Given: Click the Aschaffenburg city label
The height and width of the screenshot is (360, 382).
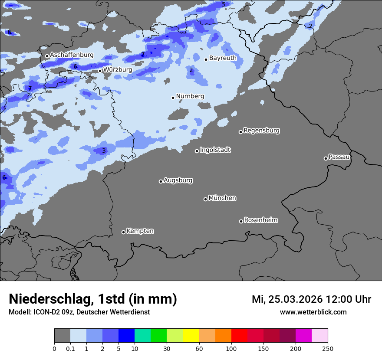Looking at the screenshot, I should click(x=72, y=55).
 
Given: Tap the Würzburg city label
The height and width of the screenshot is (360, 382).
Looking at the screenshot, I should click(x=117, y=70).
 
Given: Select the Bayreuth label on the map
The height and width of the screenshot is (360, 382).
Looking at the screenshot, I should click(x=223, y=58).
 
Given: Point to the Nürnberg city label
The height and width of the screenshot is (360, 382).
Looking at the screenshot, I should click(x=190, y=96).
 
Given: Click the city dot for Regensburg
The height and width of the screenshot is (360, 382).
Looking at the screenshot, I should click(x=240, y=132).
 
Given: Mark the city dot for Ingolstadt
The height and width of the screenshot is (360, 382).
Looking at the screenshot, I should click(x=197, y=151).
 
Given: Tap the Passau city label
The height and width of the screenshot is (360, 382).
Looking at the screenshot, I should click(x=339, y=157).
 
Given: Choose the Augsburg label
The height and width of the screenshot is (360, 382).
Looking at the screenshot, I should click(x=178, y=180).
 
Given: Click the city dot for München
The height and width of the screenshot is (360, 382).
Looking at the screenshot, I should click(x=205, y=199).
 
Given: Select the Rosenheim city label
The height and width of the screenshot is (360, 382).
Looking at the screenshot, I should click(x=260, y=220).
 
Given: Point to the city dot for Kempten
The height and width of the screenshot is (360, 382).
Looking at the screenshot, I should click(x=123, y=232).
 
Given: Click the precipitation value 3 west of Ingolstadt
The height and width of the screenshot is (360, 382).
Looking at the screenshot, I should click(x=104, y=151).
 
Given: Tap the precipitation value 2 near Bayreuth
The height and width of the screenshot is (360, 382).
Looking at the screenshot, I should click(x=191, y=70).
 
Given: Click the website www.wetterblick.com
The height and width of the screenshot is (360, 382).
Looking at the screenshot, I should click(x=313, y=312).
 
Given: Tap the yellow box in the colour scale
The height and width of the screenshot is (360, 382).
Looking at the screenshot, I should click(x=191, y=336).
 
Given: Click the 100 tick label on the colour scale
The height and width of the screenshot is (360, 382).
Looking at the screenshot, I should click(x=231, y=348).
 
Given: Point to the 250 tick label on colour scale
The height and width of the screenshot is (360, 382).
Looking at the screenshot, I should click(x=328, y=348).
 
